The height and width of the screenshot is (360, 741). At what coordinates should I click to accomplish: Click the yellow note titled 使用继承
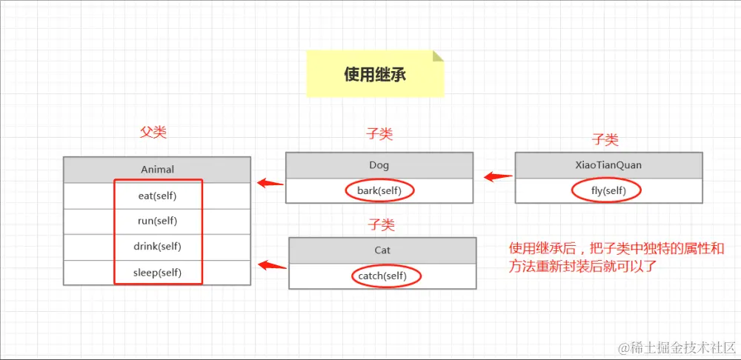tap(375, 74)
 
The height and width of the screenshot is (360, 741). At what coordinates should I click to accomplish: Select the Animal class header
tap(157, 169)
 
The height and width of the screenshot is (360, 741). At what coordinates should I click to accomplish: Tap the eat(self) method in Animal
tap(157, 196)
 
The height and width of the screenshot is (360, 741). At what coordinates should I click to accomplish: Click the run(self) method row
tap(157, 221)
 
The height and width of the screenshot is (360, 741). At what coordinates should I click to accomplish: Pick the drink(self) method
tap(157, 247)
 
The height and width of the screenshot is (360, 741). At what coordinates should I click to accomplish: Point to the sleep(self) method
tap(157, 272)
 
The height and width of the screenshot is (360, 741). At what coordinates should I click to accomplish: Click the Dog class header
tap(379, 165)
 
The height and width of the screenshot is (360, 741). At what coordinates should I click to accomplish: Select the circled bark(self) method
tap(379, 190)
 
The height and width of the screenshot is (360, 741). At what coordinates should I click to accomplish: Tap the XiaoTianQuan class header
tap(608, 165)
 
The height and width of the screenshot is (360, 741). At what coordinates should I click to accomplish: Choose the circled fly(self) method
tap(608, 191)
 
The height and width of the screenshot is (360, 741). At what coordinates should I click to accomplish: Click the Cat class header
tap(382, 250)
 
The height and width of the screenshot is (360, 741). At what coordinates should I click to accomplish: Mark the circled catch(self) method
tap(382, 276)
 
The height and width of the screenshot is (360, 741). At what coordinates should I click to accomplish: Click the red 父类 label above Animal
tap(153, 133)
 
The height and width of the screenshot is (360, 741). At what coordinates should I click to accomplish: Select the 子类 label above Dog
tap(379, 134)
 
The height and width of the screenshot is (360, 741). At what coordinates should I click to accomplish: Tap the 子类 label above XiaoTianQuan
tap(605, 139)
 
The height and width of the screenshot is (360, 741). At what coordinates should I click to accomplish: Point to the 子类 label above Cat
tap(382, 224)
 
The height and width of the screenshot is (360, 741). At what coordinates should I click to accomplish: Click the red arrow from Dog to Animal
tap(270, 183)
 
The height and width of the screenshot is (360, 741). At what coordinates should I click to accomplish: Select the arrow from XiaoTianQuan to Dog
tap(497, 177)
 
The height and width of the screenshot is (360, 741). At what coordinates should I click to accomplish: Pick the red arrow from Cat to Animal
tap(271, 265)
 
